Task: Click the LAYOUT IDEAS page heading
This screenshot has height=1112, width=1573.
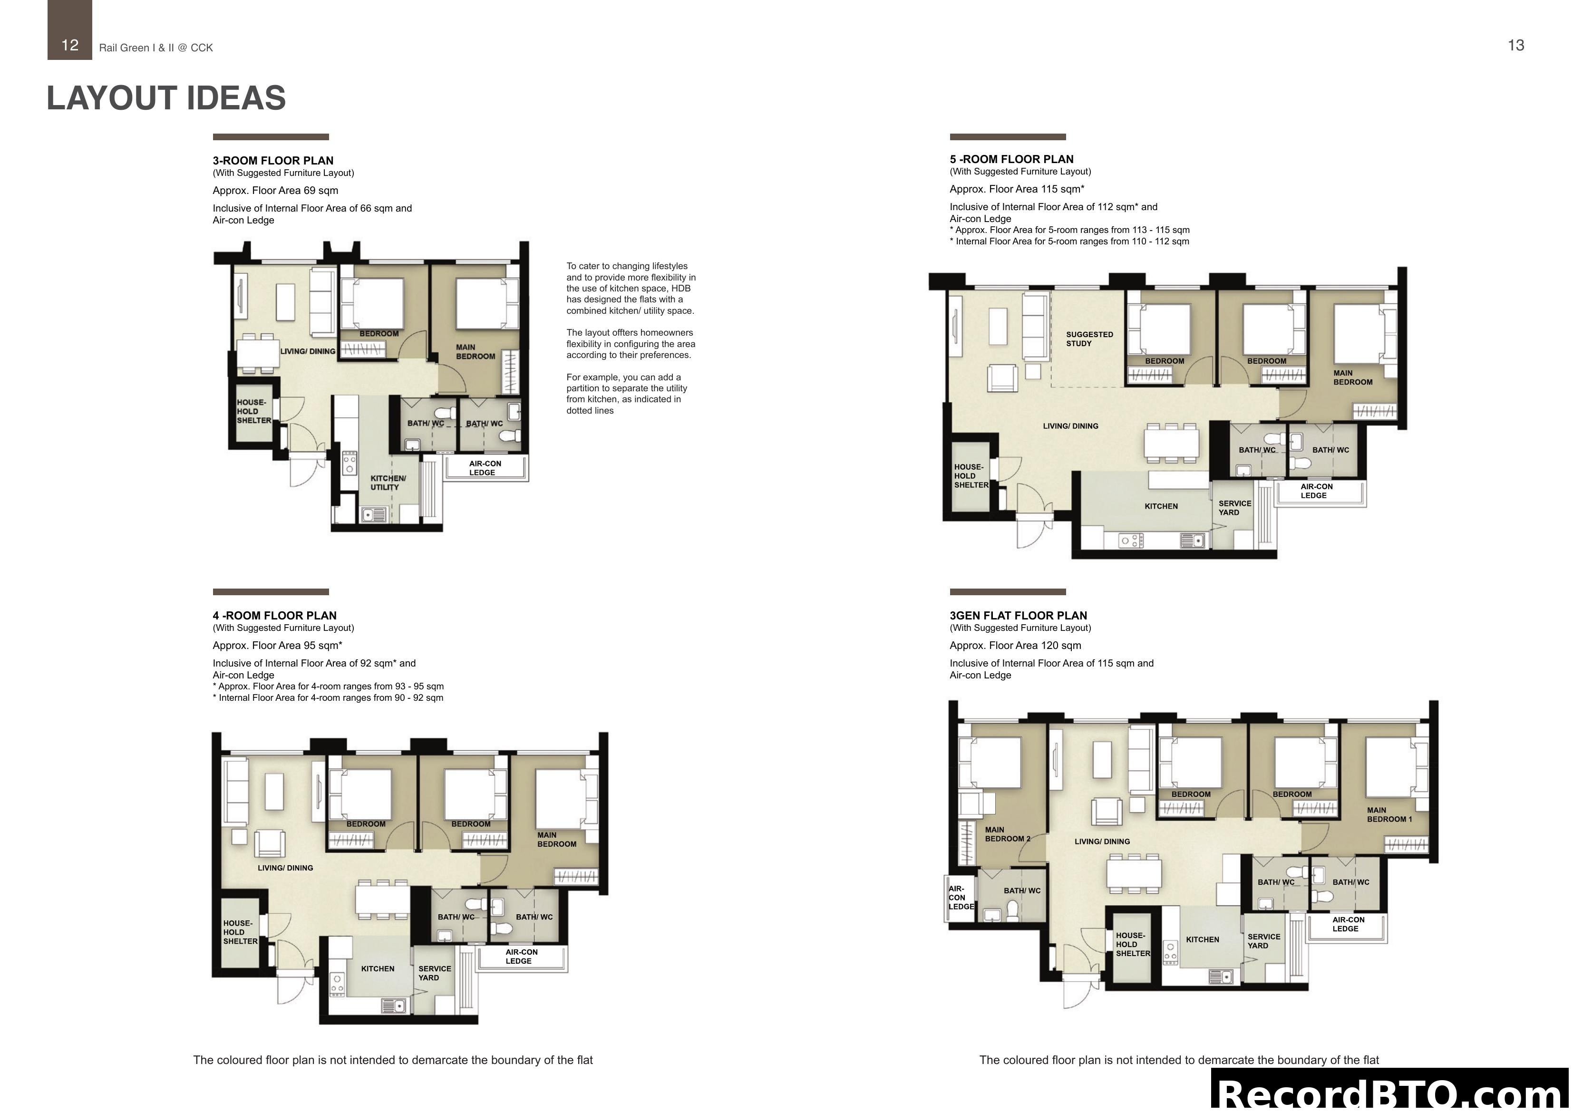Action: click(x=166, y=98)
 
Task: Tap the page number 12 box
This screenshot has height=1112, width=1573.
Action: click(x=69, y=45)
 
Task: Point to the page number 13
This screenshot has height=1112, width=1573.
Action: click(x=1515, y=45)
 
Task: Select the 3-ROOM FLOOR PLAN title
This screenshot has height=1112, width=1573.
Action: click(x=272, y=160)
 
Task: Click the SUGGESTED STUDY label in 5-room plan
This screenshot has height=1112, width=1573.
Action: click(x=1088, y=338)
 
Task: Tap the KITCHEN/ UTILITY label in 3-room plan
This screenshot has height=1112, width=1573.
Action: click(x=388, y=483)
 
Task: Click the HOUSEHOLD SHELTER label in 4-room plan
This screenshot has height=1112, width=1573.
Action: click(x=240, y=932)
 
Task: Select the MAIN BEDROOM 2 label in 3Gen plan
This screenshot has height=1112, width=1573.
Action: click(x=1006, y=834)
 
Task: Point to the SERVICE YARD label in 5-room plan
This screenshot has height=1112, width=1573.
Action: click(x=1234, y=508)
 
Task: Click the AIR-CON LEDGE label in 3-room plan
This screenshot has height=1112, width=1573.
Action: click(x=485, y=468)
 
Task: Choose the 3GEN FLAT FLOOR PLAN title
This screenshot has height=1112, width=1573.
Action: click(x=1018, y=615)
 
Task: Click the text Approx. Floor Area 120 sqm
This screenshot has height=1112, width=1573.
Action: click(x=1015, y=646)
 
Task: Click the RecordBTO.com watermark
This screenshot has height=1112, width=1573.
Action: click(x=1391, y=1093)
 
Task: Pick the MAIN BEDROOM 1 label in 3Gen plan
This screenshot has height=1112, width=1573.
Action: click(x=1389, y=814)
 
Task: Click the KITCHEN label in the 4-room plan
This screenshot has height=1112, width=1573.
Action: click(x=378, y=968)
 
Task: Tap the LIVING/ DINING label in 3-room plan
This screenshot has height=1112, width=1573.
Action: click(x=308, y=351)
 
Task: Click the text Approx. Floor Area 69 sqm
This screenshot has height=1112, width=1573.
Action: click(x=275, y=191)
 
